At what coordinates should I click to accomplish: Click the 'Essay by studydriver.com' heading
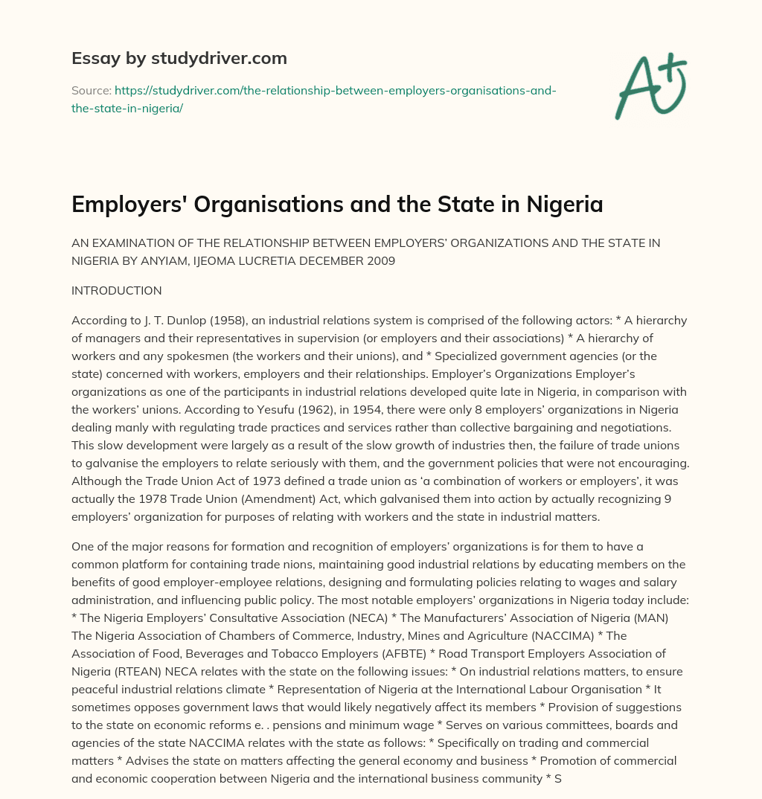coord(179,58)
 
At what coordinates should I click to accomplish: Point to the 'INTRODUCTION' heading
coord(116,290)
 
